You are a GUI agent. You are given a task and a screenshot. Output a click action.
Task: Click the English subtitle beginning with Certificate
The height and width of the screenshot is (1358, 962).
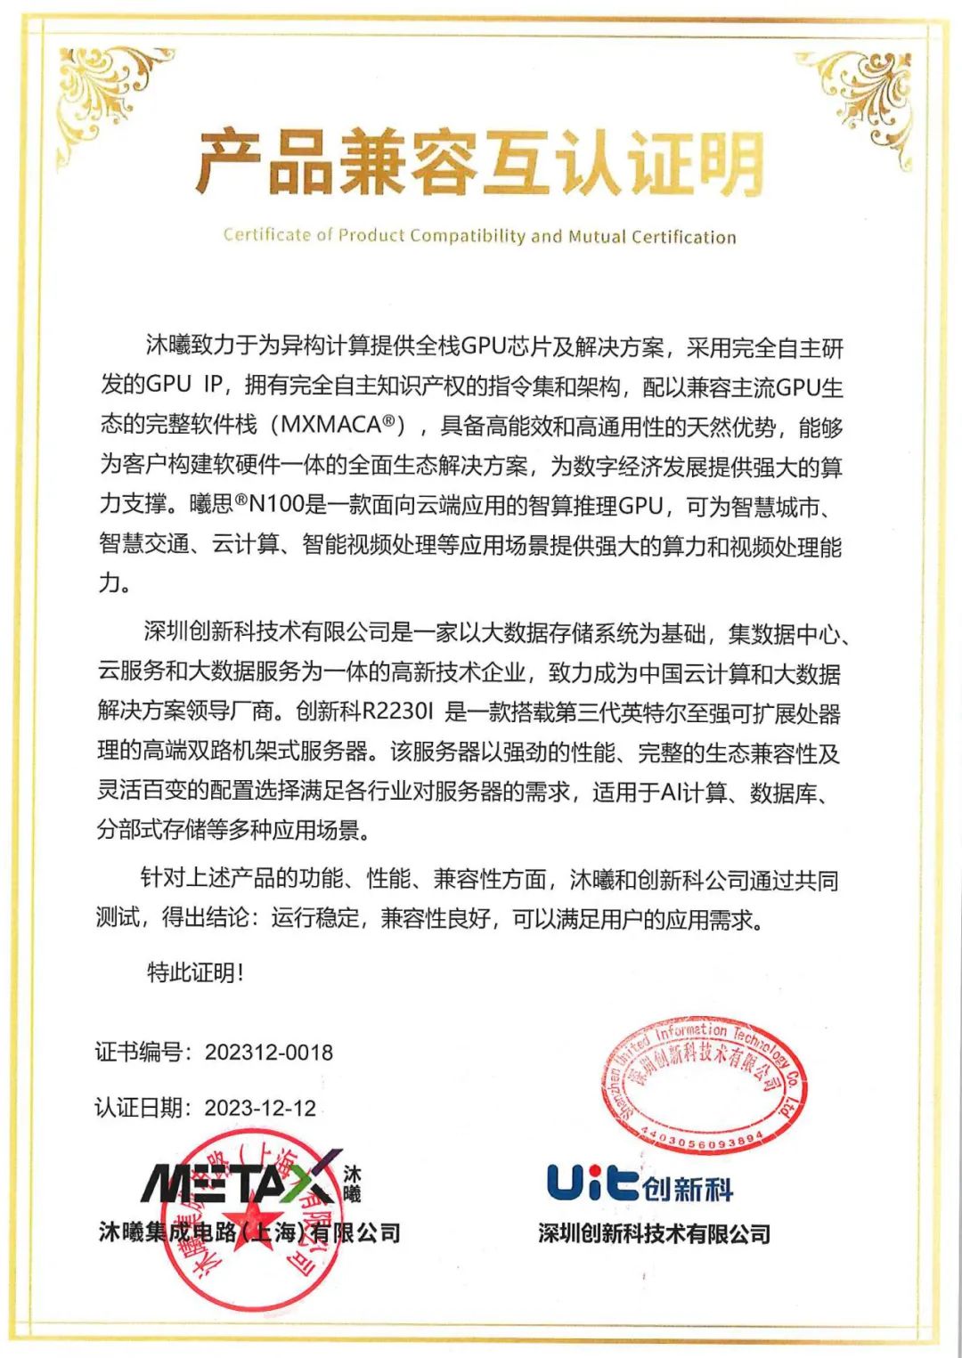coord(479,236)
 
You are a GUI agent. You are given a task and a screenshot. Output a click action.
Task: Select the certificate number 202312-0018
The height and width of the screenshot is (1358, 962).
coord(269,1053)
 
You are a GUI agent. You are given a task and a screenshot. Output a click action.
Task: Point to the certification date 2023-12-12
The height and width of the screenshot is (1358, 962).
coord(260,1108)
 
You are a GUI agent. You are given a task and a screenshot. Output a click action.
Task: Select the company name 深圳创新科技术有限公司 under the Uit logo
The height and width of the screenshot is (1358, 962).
coord(654,1234)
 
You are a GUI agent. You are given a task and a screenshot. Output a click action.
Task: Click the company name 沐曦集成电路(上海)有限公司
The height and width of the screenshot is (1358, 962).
coord(249,1232)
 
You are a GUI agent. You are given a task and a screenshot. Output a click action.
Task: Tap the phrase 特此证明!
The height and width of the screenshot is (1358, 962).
coord(195,972)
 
